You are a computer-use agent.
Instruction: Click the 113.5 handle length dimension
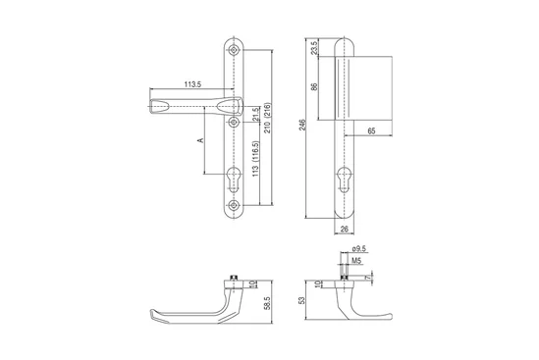tap(192, 84)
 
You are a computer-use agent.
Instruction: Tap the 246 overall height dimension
tap(302, 125)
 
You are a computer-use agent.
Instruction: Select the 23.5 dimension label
tap(314, 48)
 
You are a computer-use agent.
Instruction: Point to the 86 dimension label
tap(314, 86)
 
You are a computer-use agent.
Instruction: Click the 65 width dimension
tap(371, 130)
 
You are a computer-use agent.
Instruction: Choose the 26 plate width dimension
tap(344, 230)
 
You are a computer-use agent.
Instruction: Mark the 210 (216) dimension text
tap(268, 118)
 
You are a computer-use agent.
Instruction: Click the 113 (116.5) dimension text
tap(255, 159)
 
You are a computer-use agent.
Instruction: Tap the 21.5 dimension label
tap(255, 115)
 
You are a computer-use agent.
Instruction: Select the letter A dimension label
tap(200, 140)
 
